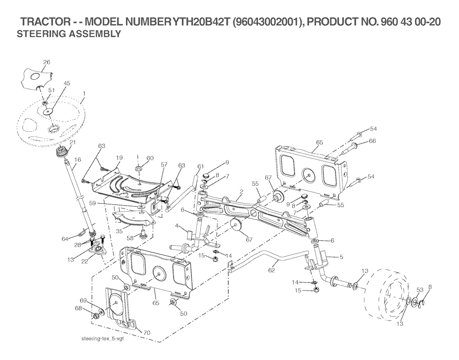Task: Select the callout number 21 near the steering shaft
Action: click(x=72, y=142)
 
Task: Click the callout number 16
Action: click(x=78, y=159)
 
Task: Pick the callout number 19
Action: click(x=119, y=158)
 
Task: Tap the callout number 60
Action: click(x=150, y=158)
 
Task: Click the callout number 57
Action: click(x=164, y=165)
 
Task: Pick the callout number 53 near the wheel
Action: click(x=420, y=290)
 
